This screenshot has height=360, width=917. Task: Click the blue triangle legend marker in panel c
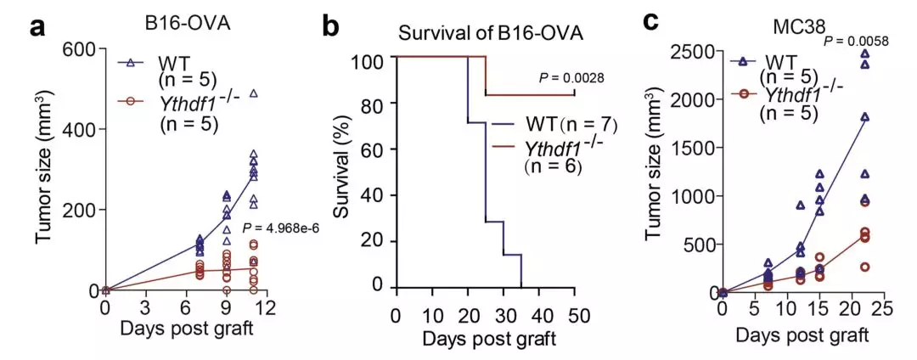pos(744,60)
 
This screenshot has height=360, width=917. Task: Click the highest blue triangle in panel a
pos(253,93)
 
